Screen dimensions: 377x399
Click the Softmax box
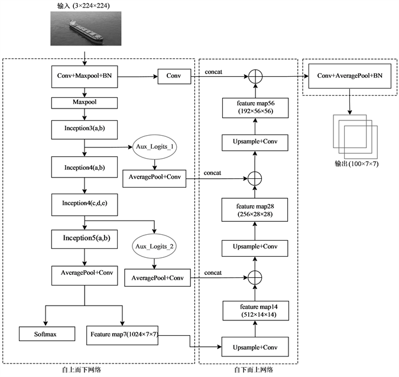pyautogui.click(x=47, y=335)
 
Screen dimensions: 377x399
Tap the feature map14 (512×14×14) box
pyautogui.click(x=255, y=310)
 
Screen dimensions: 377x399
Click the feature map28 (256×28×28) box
pyautogui.click(x=255, y=208)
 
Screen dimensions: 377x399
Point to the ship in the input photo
pyautogui.click(x=86, y=29)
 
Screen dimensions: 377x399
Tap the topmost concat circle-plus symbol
pyautogui.click(x=255, y=76)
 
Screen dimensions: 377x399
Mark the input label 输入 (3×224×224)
pyautogui.click(x=86, y=6)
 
